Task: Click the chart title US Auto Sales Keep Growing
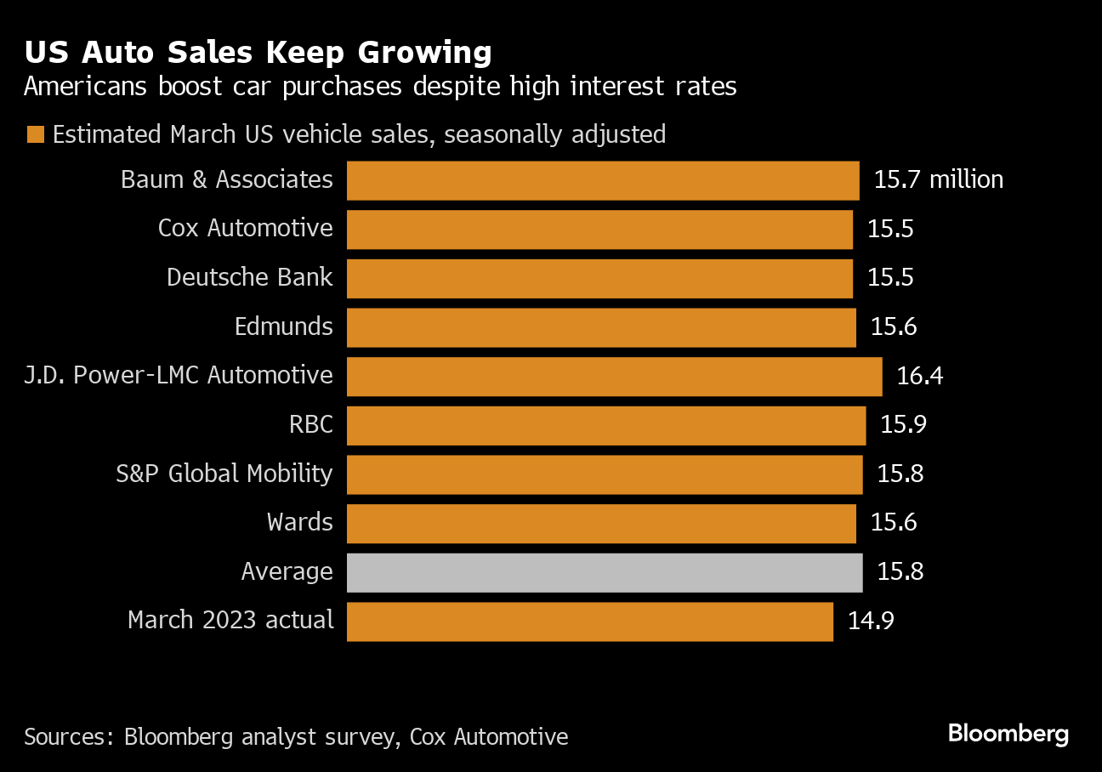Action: click(258, 53)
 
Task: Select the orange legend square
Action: click(35, 135)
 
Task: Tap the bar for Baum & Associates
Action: click(603, 180)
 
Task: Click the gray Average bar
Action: click(605, 571)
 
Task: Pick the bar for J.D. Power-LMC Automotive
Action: click(614, 376)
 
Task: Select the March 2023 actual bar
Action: click(589, 621)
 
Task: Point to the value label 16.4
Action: click(920, 376)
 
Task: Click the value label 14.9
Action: click(871, 621)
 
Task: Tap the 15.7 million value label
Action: click(939, 180)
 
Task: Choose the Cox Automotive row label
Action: click(246, 229)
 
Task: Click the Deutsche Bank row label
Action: click(250, 278)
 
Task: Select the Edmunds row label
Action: click(284, 326)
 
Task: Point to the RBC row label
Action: click(310, 424)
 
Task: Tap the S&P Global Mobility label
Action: click(224, 474)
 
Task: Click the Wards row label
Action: click(300, 522)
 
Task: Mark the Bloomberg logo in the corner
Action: click(1008, 733)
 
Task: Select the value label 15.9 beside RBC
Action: click(903, 424)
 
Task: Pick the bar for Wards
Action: click(601, 523)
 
